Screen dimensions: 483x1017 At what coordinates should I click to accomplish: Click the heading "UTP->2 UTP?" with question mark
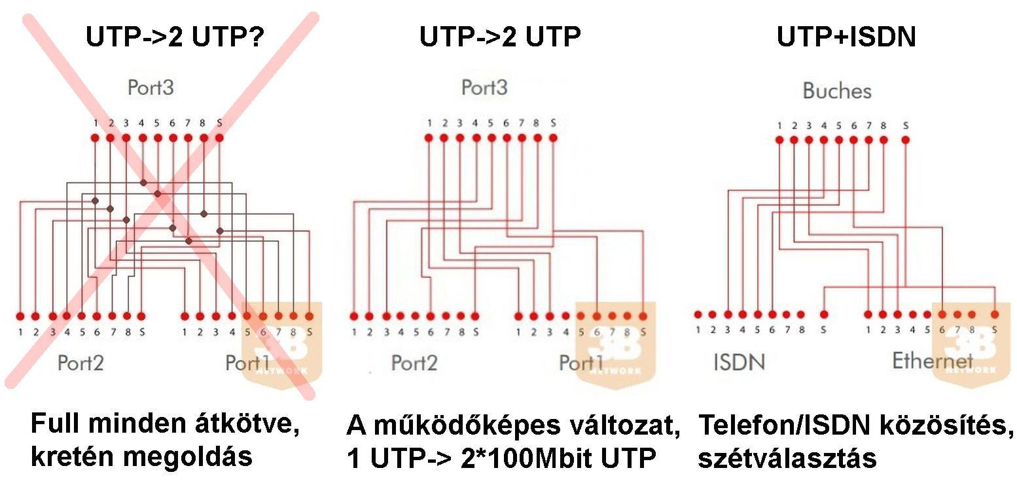(175, 37)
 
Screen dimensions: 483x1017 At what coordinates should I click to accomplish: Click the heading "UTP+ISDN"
(846, 37)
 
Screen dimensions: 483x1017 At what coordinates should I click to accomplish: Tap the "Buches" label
(837, 91)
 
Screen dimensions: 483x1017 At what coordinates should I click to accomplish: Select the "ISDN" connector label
(739, 361)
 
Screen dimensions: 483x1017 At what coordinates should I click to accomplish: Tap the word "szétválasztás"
(787, 458)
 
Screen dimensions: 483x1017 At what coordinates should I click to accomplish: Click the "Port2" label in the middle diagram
(414, 363)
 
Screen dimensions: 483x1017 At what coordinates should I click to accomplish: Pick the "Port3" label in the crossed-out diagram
(151, 88)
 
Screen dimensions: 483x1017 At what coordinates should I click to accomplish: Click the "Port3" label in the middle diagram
(484, 88)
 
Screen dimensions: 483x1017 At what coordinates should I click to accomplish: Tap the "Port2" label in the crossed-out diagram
(80, 362)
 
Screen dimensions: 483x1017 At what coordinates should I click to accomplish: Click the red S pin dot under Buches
(906, 139)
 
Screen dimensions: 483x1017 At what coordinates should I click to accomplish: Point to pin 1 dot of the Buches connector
(779, 139)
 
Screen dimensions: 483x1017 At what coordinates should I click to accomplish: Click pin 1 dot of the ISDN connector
(698, 315)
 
